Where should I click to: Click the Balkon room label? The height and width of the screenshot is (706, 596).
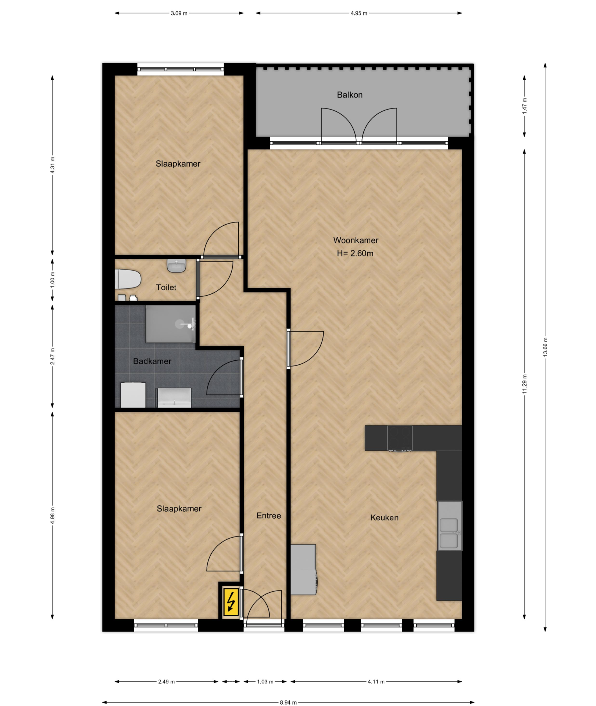pyautogui.click(x=350, y=95)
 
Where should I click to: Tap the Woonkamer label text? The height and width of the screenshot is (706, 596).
pyautogui.click(x=356, y=240)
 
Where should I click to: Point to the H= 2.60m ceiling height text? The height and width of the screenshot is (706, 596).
pyautogui.click(x=355, y=253)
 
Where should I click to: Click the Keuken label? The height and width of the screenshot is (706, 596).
pyautogui.click(x=384, y=518)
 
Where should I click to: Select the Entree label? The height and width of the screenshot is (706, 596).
pyautogui.click(x=269, y=516)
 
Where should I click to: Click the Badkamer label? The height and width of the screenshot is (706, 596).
pyautogui.click(x=152, y=361)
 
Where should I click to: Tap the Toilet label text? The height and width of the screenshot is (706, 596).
pyautogui.click(x=166, y=287)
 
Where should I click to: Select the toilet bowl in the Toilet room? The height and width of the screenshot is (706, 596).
pyautogui.click(x=128, y=279)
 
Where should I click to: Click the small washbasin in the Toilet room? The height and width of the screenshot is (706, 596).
pyautogui.click(x=177, y=265)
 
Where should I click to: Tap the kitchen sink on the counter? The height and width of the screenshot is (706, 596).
pyautogui.click(x=449, y=533)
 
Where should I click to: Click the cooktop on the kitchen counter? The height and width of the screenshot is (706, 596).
pyautogui.click(x=400, y=438)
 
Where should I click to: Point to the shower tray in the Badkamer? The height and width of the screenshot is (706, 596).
pyautogui.click(x=170, y=324)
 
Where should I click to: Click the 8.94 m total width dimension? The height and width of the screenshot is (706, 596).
pyautogui.click(x=288, y=702)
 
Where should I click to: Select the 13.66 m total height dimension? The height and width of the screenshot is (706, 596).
pyautogui.click(x=545, y=347)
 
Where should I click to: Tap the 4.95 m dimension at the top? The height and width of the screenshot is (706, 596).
pyautogui.click(x=359, y=13)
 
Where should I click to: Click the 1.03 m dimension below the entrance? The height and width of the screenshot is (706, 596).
pyautogui.click(x=265, y=681)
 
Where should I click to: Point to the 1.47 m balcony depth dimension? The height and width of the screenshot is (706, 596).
pyautogui.click(x=525, y=106)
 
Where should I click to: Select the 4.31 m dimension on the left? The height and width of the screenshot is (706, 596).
pyautogui.click(x=53, y=165)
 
